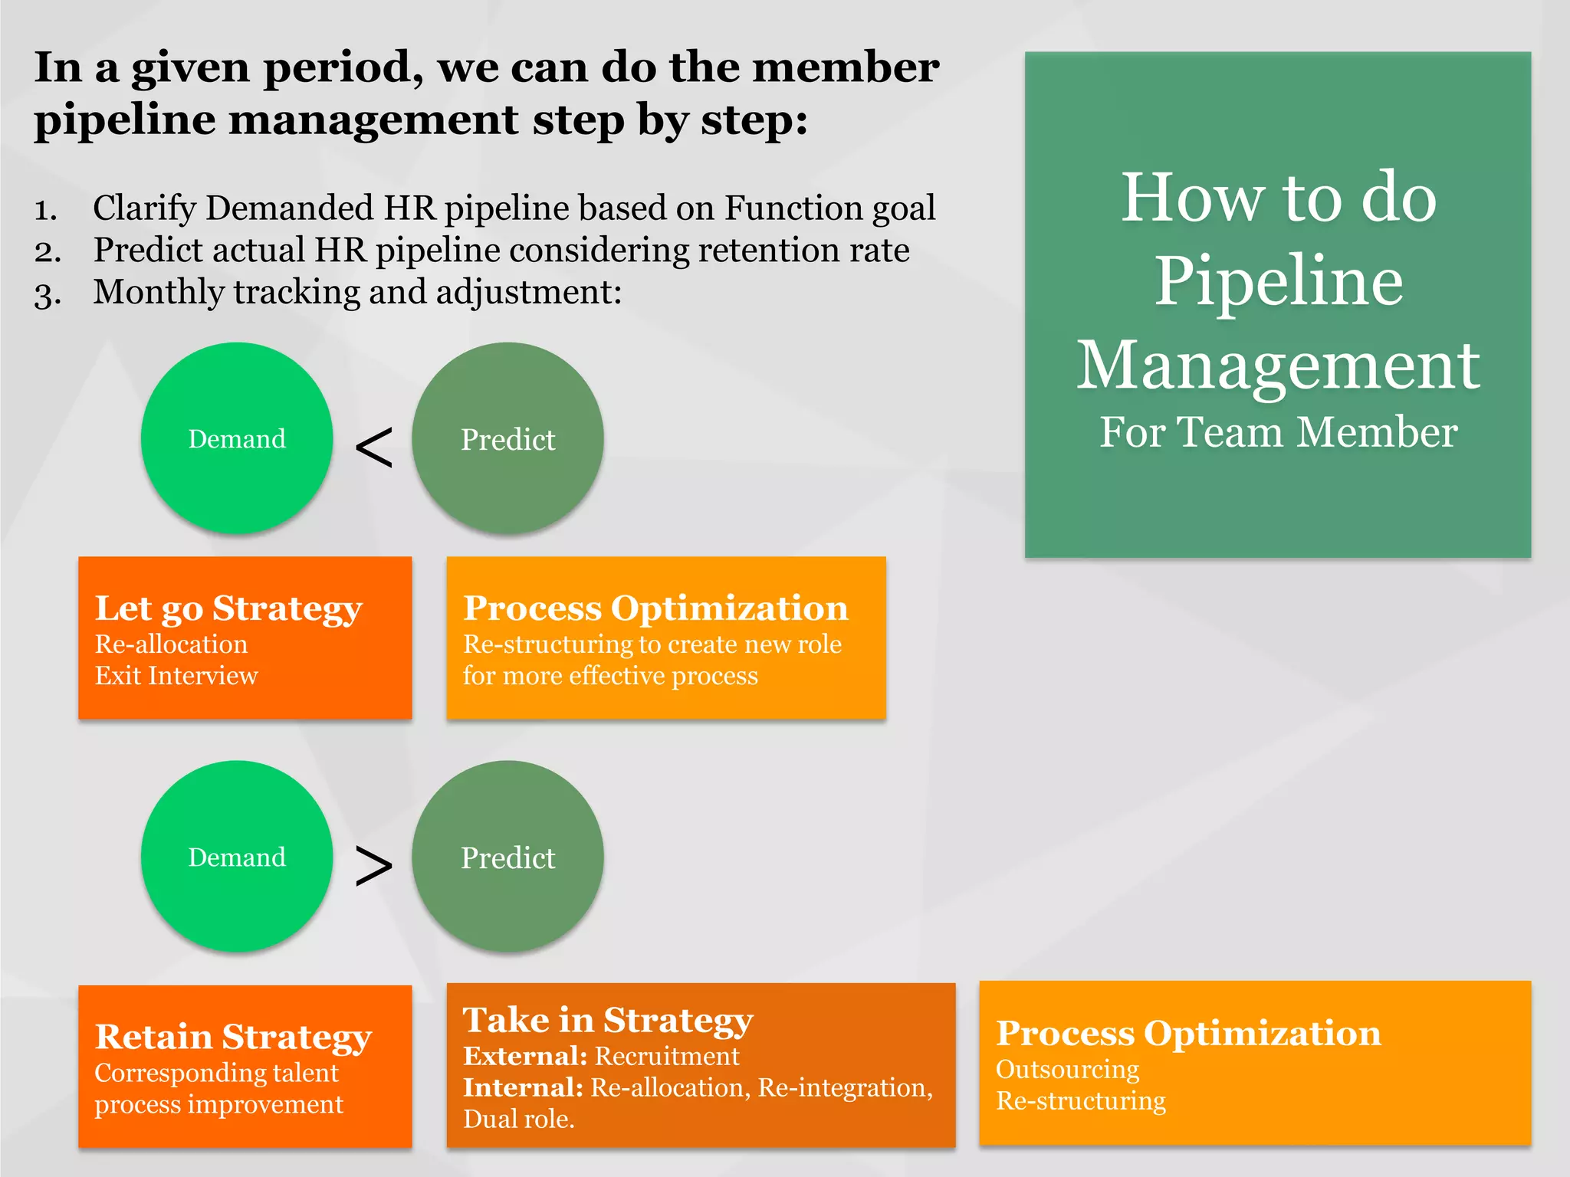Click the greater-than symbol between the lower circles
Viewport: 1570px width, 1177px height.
click(x=374, y=867)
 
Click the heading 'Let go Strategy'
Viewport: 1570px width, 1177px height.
click(x=228, y=608)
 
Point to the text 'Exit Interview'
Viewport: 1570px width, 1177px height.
click(x=176, y=676)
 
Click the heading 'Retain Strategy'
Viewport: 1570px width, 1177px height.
click(x=233, y=1037)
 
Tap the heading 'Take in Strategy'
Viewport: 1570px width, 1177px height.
click(x=608, y=1020)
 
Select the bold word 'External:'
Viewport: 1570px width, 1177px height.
click(x=525, y=1056)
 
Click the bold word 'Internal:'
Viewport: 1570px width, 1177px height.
click(x=523, y=1087)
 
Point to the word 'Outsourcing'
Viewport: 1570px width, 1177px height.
click(x=1067, y=1070)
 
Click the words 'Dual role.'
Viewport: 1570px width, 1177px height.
click(x=519, y=1120)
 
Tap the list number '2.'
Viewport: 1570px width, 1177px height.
click(x=48, y=251)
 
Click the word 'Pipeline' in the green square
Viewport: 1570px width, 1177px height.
click(x=1279, y=281)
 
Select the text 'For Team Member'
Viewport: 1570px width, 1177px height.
click(x=1279, y=432)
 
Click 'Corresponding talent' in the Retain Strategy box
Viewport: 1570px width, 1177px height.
click(x=216, y=1073)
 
